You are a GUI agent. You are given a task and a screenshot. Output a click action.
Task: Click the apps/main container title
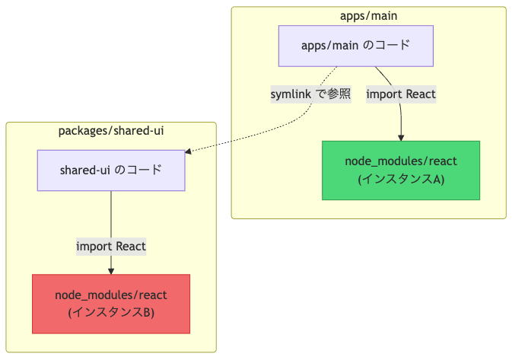368,16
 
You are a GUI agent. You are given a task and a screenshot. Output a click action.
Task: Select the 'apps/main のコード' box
355,46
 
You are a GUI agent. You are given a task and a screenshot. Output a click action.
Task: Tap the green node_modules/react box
401,170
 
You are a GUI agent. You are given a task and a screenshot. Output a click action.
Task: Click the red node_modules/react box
111,304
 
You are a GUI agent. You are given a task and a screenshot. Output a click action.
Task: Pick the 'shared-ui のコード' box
111,170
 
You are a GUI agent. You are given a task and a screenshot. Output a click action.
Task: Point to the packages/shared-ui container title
111,131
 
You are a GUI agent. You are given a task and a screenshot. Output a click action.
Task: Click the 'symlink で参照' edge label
311,94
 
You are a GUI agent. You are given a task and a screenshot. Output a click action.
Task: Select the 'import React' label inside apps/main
401,94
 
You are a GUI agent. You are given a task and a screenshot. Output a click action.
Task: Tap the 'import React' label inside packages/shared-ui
111,246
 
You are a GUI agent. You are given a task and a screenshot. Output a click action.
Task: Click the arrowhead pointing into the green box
401,138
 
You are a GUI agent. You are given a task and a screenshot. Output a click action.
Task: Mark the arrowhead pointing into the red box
111,271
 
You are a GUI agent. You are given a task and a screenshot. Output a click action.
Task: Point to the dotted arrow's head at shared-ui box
188,151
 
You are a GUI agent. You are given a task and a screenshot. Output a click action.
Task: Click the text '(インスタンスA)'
401,179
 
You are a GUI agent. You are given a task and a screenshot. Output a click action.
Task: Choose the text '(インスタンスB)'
111,313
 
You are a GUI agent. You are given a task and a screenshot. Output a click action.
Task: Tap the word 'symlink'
291,94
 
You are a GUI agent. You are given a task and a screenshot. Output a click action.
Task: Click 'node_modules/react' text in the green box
401,161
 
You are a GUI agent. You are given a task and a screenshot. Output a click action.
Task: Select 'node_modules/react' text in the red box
111,295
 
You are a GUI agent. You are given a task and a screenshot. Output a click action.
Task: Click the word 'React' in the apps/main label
421,94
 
